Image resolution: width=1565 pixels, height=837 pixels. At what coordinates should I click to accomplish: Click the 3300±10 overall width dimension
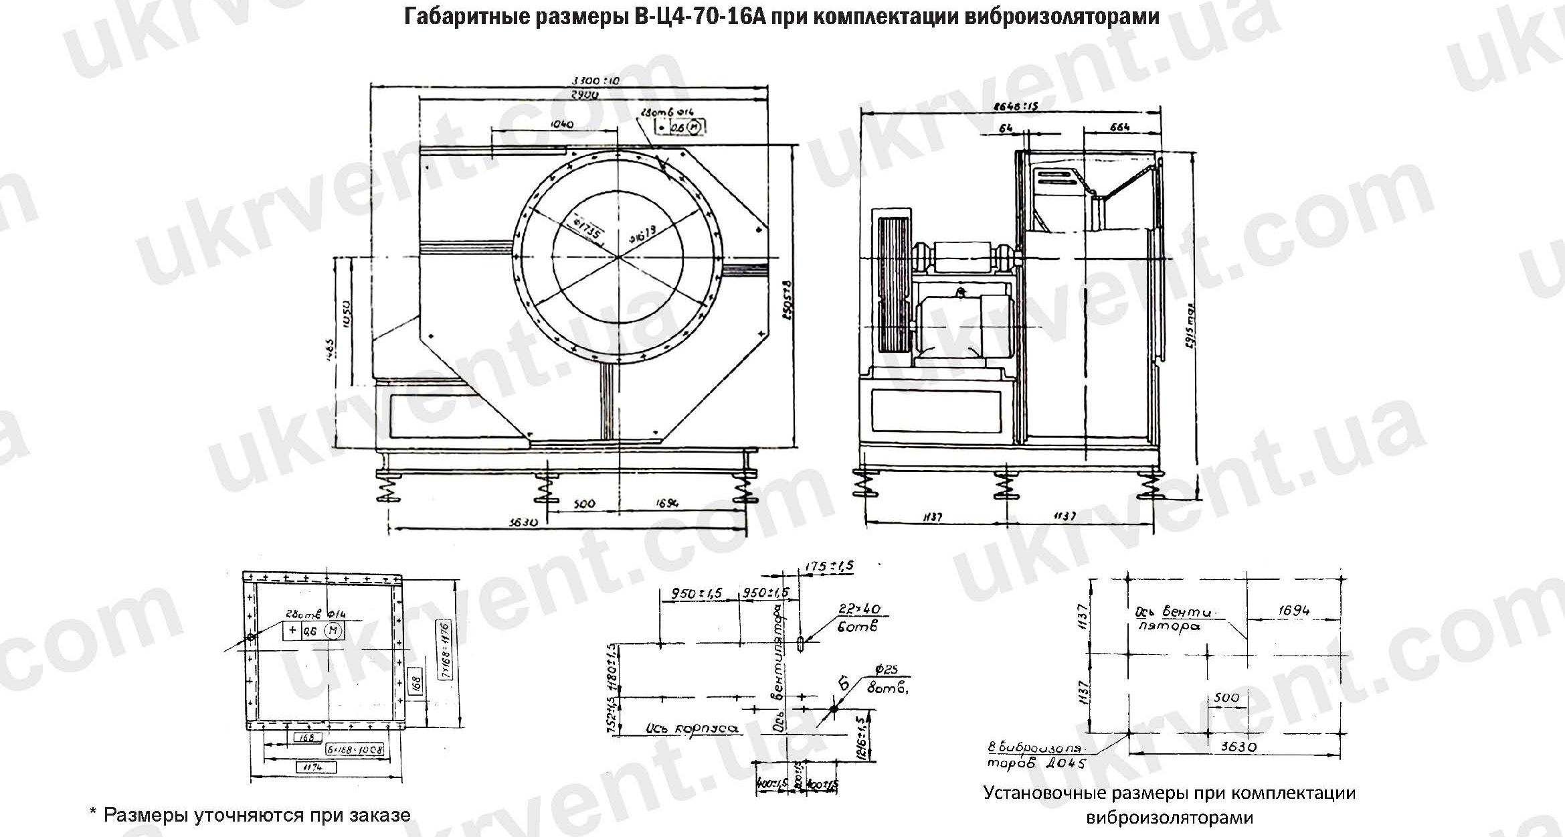595,81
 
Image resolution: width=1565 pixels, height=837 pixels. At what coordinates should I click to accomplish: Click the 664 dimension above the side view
1119,127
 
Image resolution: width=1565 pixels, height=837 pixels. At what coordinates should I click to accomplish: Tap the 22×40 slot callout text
858,609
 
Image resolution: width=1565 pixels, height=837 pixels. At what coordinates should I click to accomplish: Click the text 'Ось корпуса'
692,729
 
